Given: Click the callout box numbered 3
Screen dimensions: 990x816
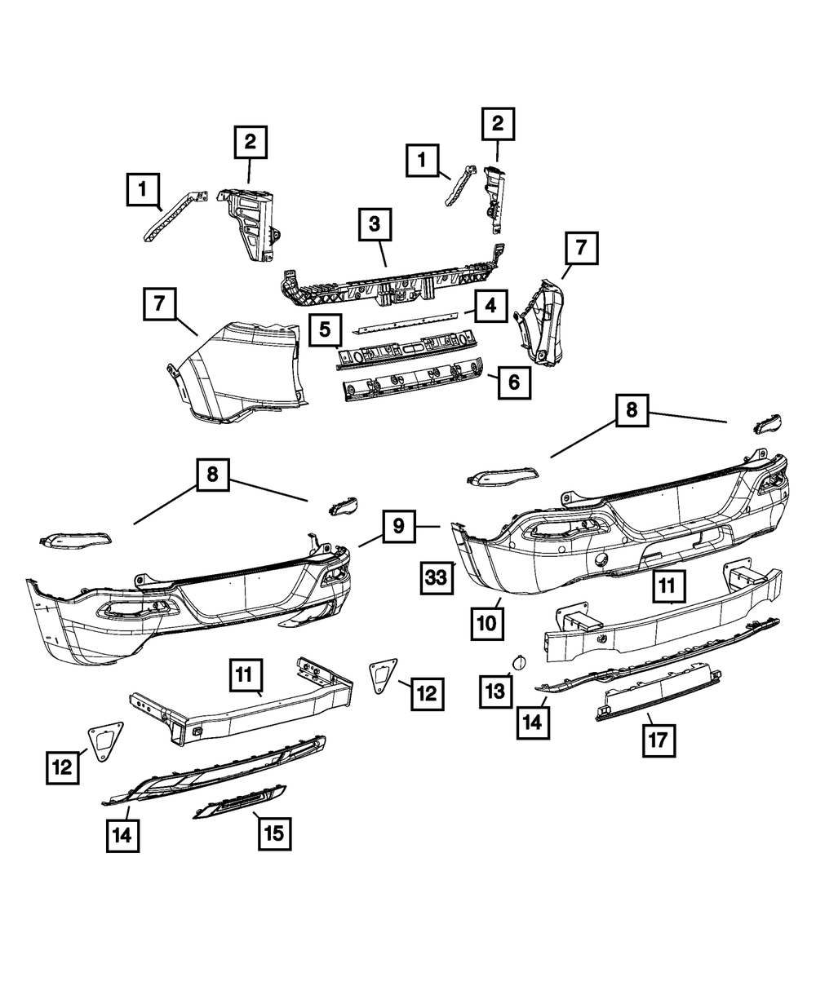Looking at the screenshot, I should pyautogui.click(x=375, y=225).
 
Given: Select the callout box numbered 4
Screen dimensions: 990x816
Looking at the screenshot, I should pyautogui.click(x=490, y=307).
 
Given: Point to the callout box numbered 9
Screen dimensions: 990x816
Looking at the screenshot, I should pyautogui.click(x=398, y=526).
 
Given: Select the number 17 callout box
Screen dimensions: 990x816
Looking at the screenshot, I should pyautogui.click(x=659, y=740).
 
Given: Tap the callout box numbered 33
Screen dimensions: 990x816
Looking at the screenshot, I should pyautogui.click(x=436, y=578).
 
